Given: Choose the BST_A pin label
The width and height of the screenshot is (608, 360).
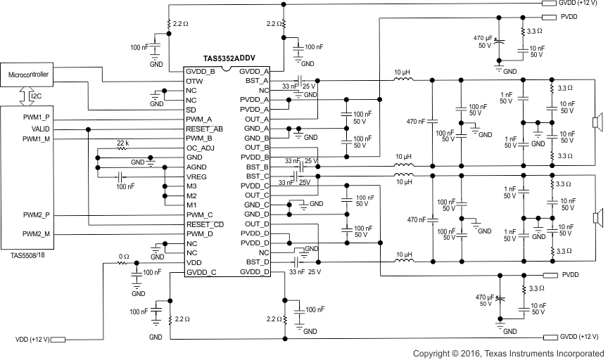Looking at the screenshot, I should tap(255, 81).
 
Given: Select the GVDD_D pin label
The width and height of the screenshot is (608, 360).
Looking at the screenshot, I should tap(255, 271).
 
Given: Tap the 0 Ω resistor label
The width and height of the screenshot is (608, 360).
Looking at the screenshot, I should tap(123, 256).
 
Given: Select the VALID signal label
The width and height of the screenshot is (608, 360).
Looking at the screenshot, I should tap(41, 129).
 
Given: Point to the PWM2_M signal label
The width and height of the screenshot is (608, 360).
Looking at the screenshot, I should tap(37, 233).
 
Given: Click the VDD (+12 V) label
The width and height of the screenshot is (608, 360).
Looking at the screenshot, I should tap(32, 340).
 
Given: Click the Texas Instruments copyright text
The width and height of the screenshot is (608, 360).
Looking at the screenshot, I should tap(508, 353).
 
